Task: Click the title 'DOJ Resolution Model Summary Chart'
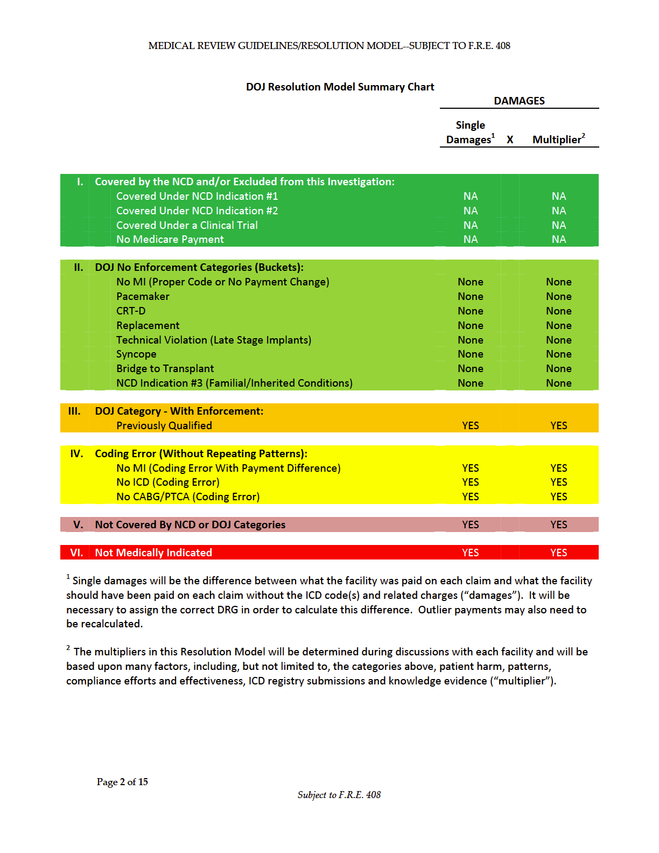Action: point(340,87)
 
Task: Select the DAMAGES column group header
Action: point(519,101)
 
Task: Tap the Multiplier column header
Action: point(558,139)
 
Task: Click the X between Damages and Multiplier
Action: point(510,140)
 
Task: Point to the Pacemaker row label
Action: point(143,296)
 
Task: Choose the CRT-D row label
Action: point(131,311)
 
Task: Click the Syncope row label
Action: point(136,354)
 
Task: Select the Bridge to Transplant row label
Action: point(165,368)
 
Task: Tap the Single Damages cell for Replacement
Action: point(470,325)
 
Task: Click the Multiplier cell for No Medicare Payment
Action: point(558,239)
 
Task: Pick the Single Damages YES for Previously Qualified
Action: point(470,425)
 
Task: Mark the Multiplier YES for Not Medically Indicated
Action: point(558,553)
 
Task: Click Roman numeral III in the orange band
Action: point(74,411)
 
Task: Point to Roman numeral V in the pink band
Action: point(78,525)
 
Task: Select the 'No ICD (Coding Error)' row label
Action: point(167,482)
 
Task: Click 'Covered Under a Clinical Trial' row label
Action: point(187,225)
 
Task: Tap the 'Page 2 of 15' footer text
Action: point(122,782)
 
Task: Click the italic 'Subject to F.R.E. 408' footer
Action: point(339,795)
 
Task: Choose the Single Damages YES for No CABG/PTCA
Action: point(470,497)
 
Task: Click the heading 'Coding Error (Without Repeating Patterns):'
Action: point(201,453)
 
